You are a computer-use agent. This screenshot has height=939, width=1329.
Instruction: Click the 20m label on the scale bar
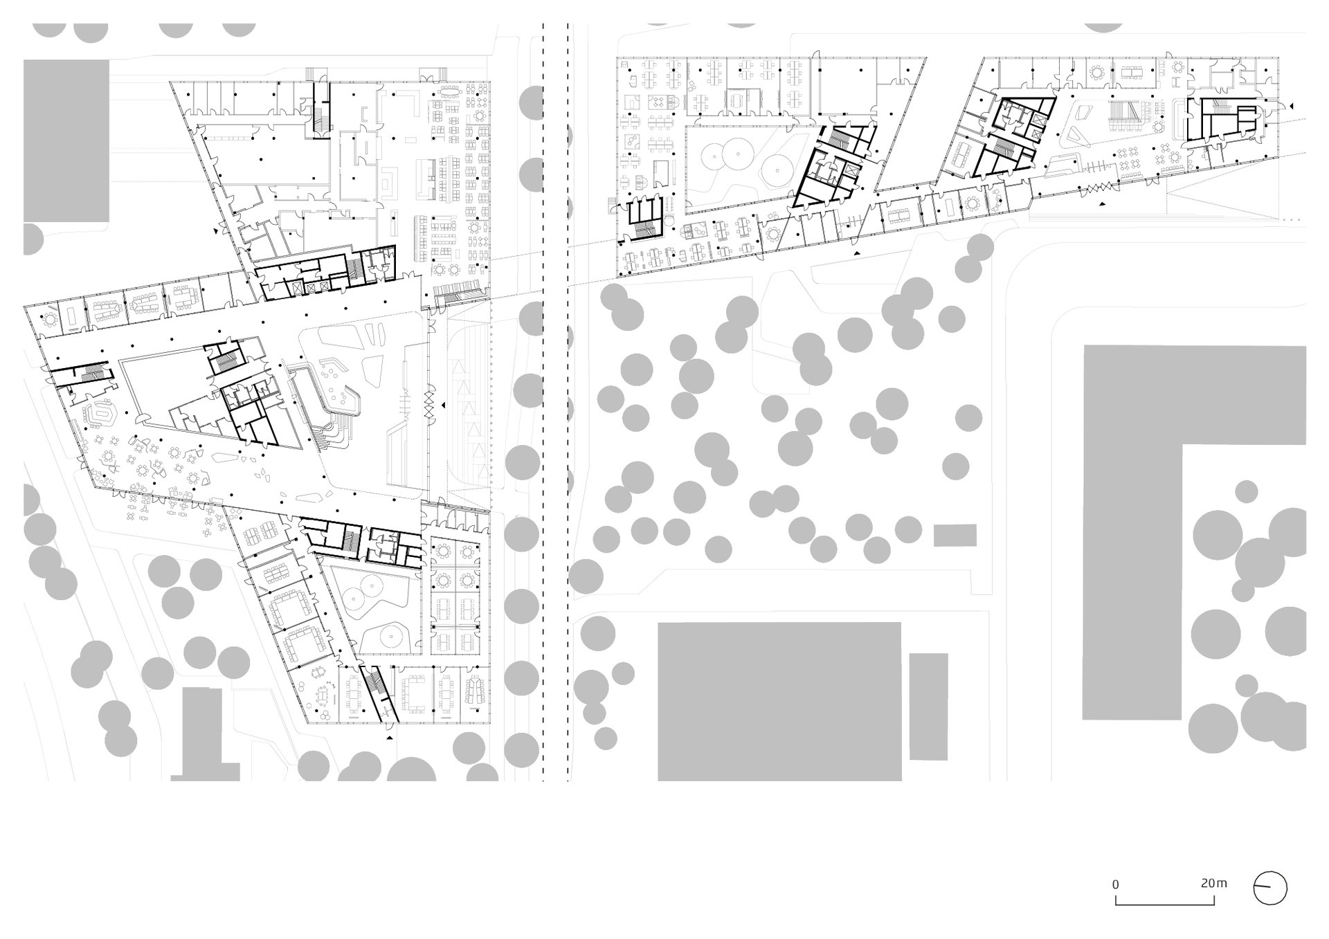coord(1213,883)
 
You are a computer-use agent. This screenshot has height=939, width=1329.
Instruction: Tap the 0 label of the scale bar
coord(1115,884)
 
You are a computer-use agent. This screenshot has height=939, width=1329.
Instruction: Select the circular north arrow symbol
coord(1270,888)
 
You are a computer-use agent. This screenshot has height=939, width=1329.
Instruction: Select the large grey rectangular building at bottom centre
coord(779,702)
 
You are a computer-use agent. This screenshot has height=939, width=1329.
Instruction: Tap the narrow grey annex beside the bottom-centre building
coord(928,706)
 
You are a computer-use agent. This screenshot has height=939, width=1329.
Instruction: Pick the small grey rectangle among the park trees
coord(955,536)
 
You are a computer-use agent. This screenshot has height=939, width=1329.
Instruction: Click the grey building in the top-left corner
coord(66,140)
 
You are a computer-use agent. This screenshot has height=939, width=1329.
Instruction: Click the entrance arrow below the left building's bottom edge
coord(390,739)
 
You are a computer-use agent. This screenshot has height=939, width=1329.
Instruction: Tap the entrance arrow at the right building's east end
coord(1290,106)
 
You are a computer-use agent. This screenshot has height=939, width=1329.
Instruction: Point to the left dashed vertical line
coord(543,402)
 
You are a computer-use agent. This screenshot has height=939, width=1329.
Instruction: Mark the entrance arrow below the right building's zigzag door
coord(1101,204)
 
